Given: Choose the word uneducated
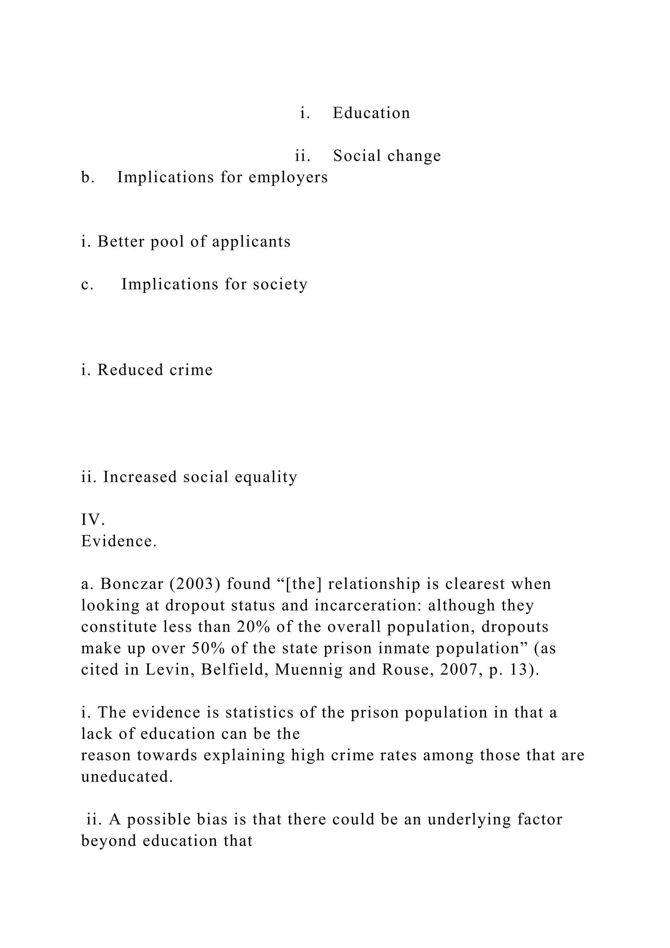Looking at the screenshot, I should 127,777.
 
